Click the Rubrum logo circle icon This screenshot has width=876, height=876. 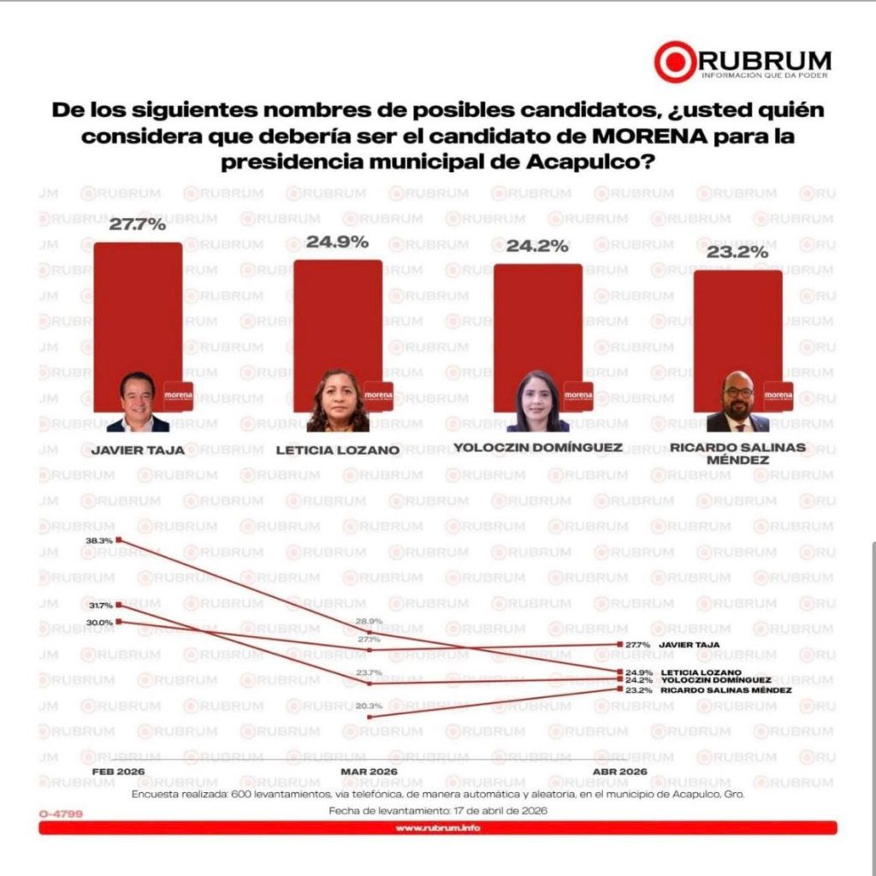[675, 62]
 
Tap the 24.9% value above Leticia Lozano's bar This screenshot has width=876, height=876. [337, 243]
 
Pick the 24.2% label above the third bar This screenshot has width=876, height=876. [537, 247]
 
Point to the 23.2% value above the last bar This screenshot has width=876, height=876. [737, 254]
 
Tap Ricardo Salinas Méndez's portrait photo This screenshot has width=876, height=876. [737, 402]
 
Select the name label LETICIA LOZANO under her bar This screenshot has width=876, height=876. [337, 451]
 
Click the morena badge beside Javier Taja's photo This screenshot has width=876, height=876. [179, 395]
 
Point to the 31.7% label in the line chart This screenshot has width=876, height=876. [100, 605]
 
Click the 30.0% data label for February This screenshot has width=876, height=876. [100, 622]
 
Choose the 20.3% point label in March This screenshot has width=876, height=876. [370, 706]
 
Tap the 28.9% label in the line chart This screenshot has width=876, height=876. [370, 621]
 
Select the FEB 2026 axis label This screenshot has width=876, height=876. [118, 771]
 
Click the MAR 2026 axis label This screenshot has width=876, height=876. [369, 771]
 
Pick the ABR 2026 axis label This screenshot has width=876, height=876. [619, 771]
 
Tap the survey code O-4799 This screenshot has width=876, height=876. [61, 814]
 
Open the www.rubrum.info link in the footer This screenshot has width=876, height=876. [437, 828]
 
